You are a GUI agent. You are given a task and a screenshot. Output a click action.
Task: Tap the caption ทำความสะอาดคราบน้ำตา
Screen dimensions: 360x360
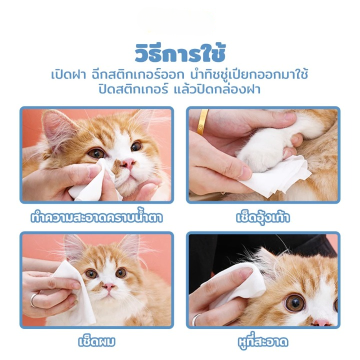click(96, 217)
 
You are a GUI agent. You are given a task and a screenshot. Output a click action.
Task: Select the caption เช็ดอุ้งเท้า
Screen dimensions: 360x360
click(263, 217)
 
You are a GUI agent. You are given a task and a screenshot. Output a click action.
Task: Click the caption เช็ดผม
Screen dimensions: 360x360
click(96, 341)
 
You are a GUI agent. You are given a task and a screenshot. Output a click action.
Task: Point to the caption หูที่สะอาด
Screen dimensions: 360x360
click(263, 341)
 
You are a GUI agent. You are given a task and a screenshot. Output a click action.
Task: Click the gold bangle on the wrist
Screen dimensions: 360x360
click(202, 121)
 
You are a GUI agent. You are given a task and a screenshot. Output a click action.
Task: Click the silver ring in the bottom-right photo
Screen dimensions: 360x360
click(196, 319)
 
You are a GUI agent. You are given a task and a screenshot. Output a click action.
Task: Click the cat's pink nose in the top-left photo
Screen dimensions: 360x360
click(128, 163)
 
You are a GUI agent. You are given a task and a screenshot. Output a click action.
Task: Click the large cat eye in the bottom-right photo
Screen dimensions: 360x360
click(295, 303)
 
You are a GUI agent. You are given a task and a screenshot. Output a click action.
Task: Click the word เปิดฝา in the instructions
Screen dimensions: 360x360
click(68, 75)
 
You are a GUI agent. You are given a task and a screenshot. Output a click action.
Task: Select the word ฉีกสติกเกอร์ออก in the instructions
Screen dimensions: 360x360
click(138, 74)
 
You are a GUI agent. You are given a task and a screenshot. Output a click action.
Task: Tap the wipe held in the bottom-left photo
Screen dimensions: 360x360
click(76, 294)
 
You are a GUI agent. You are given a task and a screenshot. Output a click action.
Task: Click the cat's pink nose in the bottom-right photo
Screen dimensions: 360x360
click(321, 322)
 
